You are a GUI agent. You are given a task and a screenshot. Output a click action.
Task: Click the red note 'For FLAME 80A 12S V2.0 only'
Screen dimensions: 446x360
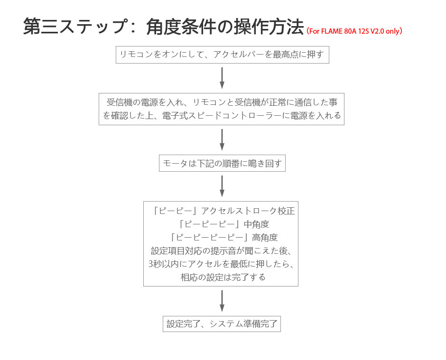click(354, 31)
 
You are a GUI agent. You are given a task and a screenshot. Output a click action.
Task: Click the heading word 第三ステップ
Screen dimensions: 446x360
click(75, 26)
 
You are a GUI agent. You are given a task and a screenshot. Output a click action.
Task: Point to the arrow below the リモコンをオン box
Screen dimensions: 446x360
click(222, 78)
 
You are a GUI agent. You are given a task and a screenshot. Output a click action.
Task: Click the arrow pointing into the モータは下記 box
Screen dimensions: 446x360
click(222, 139)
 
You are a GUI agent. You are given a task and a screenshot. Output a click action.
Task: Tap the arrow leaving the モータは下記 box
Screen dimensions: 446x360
click(222, 186)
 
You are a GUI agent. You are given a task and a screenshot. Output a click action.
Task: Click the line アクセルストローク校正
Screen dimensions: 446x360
click(248, 211)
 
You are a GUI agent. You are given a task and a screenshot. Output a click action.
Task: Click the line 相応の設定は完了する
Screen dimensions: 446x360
click(223, 277)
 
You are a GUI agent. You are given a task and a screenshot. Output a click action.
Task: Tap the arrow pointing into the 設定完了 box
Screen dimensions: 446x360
click(222, 301)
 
